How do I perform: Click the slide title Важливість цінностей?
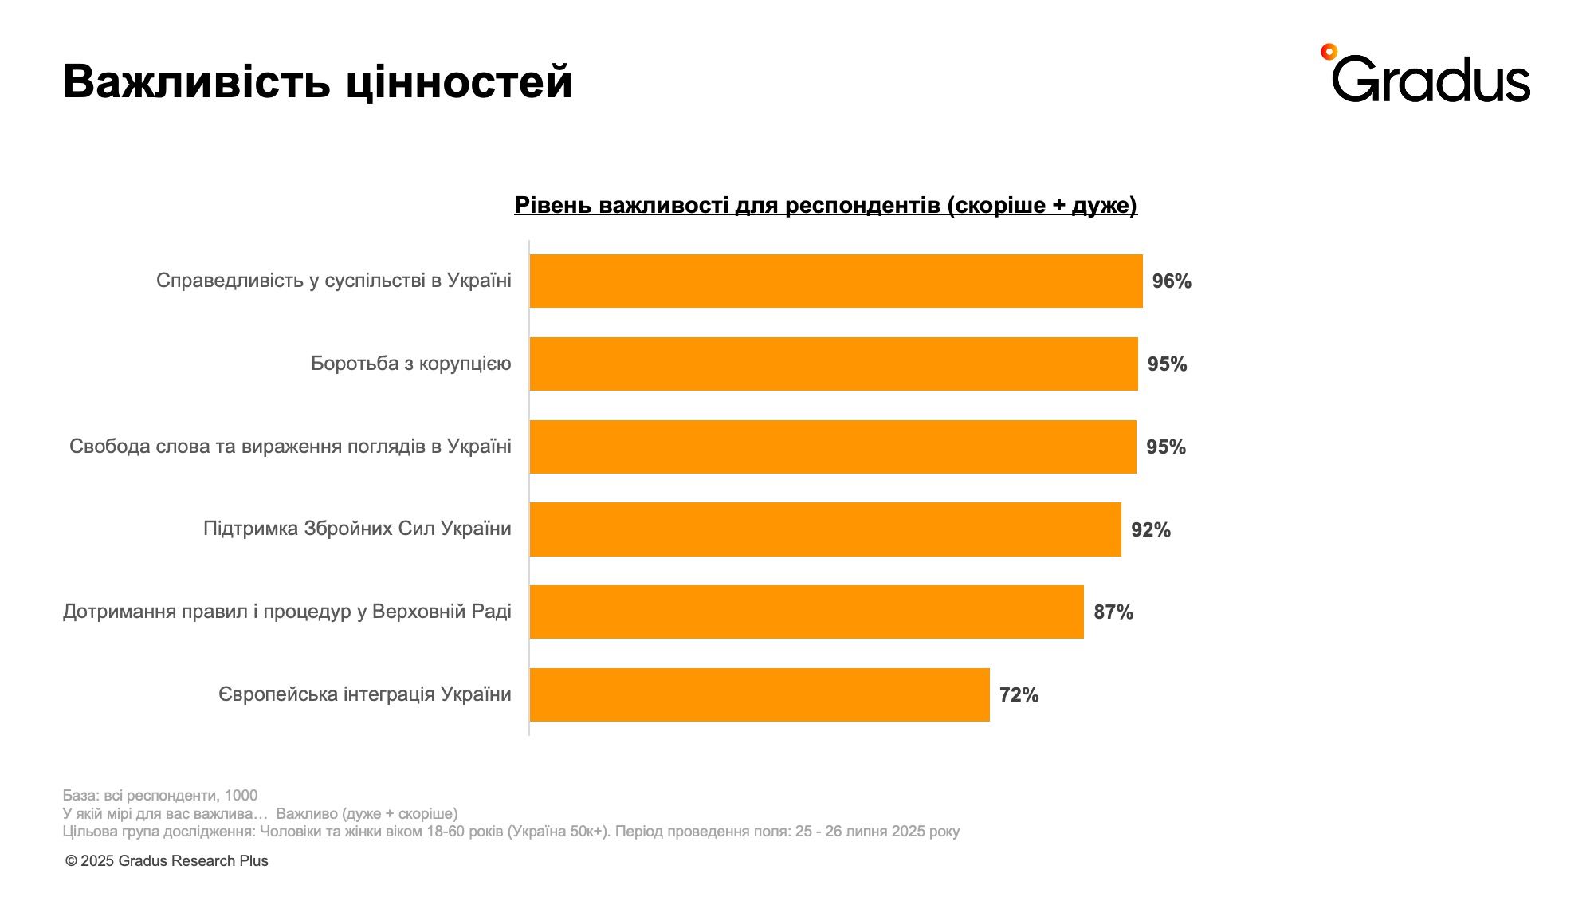pyautogui.click(x=317, y=81)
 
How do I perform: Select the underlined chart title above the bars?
pyautogui.click(x=826, y=206)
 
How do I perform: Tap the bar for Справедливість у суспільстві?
pyautogui.click(x=835, y=281)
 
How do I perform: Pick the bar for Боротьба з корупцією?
pyautogui.click(x=833, y=364)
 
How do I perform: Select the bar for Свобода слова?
pyautogui.click(x=832, y=447)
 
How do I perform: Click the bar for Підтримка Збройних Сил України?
pyautogui.click(x=825, y=529)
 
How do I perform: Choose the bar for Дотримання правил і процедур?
pyautogui.click(x=806, y=612)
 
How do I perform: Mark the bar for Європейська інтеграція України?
pyautogui.click(x=759, y=695)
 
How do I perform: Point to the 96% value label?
pyautogui.click(x=1172, y=281)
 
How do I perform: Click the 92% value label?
pyautogui.click(x=1151, y=530)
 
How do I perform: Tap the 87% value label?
pyautogui.click(x=1113, y=612)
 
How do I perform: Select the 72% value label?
pyautogui.click(x=1019, y=695)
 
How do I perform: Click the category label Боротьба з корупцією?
pyautogui.click(x=410, y=364)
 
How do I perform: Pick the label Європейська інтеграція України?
pyautogui.click(x=364, y=694)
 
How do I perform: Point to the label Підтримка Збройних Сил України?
pyautogui.click(x=357, y=529)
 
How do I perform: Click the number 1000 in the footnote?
pyautogui.click(x=241, y=796)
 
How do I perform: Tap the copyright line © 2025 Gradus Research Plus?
pyautogui.click(x=167, y=861)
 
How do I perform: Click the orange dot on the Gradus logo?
pyautogui.click(x=1328, y=52)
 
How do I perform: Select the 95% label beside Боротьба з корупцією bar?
pyautogui.click(x=1167, y=364)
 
